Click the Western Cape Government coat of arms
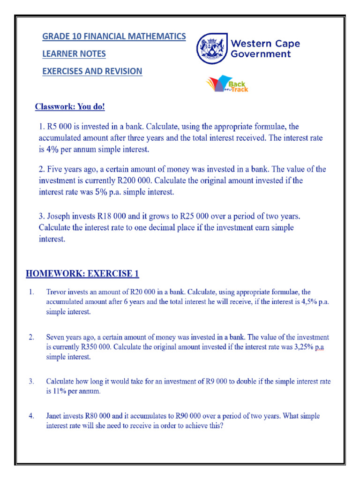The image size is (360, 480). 212,48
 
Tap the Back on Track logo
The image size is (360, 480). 228,84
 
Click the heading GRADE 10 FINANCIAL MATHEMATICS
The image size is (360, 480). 114,36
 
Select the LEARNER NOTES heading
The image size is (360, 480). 74,54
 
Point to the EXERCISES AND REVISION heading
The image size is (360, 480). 92,71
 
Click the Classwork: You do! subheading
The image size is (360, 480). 70,107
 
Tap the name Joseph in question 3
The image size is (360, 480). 59,217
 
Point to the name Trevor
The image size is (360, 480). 57,292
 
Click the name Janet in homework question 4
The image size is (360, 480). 55,416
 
